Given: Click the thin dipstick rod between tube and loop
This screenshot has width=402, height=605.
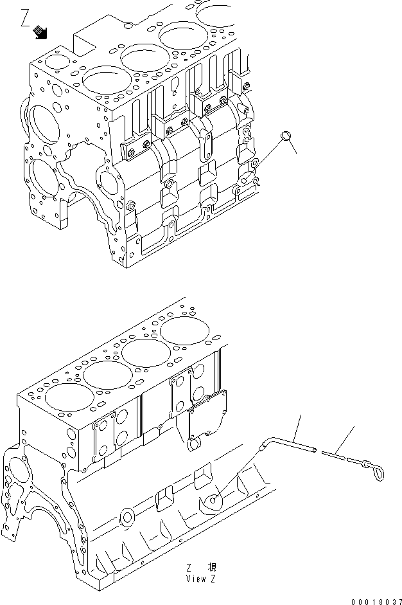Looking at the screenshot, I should click(335, 456).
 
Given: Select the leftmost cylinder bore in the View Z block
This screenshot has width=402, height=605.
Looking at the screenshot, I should click(62, 397).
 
